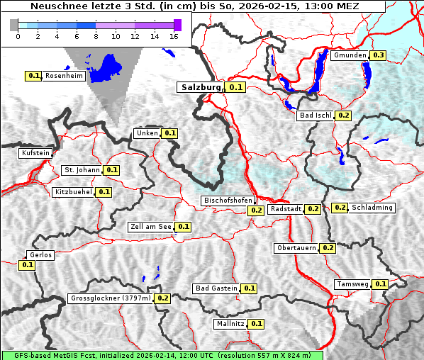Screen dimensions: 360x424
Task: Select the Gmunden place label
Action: point(350,55)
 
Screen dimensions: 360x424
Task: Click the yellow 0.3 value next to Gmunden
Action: point(379,55)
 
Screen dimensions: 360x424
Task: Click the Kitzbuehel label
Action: point(73,192)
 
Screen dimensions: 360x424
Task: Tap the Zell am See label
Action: point(151,227)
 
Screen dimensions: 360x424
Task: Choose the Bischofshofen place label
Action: point(228,201)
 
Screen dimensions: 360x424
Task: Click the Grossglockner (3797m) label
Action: point(111,298)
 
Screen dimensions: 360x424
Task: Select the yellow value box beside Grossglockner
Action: point(163,298)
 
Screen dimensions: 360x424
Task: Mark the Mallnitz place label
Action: point(230,324)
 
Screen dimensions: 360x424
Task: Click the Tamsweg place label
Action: point(352,284)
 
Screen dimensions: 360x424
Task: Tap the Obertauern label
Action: point(296,248)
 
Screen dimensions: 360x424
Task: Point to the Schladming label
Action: point(372,208)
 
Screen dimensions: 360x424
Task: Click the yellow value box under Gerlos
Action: point(28,265)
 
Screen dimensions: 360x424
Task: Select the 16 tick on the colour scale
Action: point(174,36)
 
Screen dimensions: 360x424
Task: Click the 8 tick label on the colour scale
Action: point(96,36)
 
